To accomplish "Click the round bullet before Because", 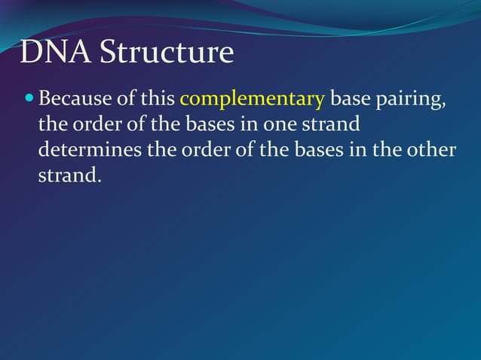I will (x=29, y=99).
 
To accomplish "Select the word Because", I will (x=75, y=99).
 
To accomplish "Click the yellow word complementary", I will (x=252, y=99).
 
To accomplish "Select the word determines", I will (x=90, y=150).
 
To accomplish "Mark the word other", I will (x=431, y=150).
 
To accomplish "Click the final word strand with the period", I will (x=69, y=175).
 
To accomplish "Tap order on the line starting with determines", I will (x=204, y=150).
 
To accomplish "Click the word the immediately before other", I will (x=386, y=150).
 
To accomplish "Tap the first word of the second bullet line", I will (x=52, y=124).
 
